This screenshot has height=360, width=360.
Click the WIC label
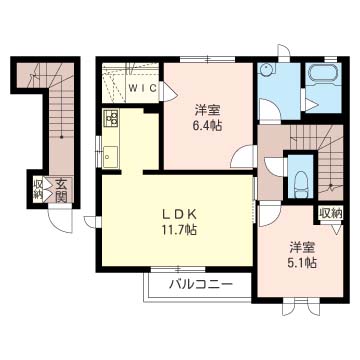click(x=143, y=88)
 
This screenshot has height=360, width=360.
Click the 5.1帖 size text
click(x=302, y=263)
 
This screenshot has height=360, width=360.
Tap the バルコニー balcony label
click(x=201, y=285)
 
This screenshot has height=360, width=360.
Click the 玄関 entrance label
click(x=61, y=190)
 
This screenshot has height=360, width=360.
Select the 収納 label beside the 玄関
click(x=37, y=190)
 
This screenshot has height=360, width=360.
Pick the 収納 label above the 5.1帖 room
click(x=331, y=213)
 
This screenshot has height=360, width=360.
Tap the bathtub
click(x=323, y=75)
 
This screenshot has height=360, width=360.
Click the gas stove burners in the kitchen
click(x=111, y=118)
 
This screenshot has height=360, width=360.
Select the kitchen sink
click(x=110, y=157)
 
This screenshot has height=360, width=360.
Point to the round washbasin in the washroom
click(x=266, y=70)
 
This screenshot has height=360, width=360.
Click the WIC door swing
click(x=169, y=91)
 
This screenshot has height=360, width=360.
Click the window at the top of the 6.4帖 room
click(x=208, y=60)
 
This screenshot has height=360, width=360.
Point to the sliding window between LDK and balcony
click(x=178, y=269)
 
